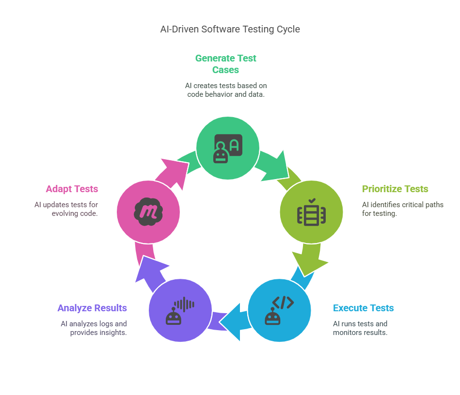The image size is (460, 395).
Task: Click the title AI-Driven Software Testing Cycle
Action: click(x=230, y=30)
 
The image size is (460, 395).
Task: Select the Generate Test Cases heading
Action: click(x=225, y=64)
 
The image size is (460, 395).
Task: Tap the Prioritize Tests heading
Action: click(x=395, y=189)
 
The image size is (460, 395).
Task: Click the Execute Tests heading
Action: click(x=363, y=308)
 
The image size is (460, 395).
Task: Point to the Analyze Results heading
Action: click(x=92, y=308)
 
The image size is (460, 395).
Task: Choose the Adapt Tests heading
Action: click(x=72, y=189)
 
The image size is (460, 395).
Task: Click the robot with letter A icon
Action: click(x=228, y=148)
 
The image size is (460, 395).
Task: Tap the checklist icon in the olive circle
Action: click(x=311, y=212)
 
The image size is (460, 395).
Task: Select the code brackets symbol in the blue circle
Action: click(x=283, y=303)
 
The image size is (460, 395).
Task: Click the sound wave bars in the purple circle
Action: click(x=185, y=304)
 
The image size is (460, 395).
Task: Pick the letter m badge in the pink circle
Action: click(x=148, y=212)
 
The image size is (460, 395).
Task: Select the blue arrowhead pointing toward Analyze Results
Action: click(x=232, y=322)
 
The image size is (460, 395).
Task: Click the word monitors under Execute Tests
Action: click(x=346, y=333)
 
